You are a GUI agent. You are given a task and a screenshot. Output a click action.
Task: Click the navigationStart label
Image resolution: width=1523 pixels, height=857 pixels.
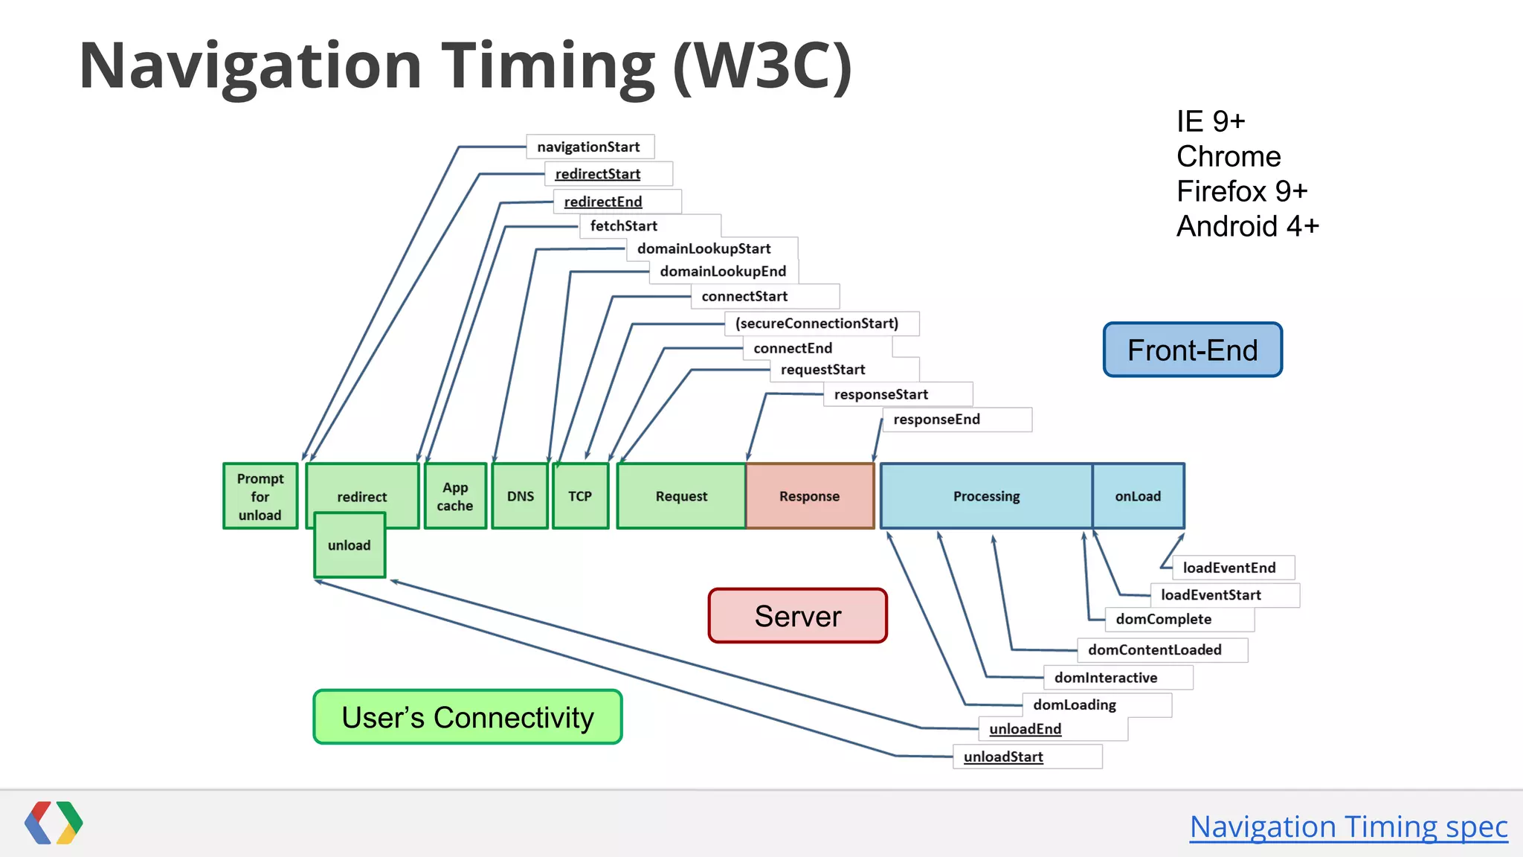pyautogui.click(x=588, y=147)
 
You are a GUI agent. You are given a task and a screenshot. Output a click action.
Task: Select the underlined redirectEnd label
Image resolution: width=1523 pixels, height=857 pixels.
pyautogui.click(x=603, y=202)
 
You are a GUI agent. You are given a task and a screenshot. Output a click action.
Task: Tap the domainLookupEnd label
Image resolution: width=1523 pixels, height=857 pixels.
pyautogui.click(x=722, y=272)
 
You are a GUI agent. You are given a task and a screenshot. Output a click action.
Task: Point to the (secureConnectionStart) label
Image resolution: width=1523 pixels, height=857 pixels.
pyautogui.click(x=817, y=324)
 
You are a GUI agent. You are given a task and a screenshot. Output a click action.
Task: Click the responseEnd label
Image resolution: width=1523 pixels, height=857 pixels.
pyautogui.click(x=936, y=420)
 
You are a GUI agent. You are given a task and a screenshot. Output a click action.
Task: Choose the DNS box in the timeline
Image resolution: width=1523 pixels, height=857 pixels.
pyautogui.click(x=520, y=496)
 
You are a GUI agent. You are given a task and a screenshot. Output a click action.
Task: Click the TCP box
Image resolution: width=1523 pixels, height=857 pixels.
pyautogui.click(x=580, y=496)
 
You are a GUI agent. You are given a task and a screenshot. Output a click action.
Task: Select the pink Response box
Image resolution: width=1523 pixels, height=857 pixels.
pyautogui.click(x=809, y=496)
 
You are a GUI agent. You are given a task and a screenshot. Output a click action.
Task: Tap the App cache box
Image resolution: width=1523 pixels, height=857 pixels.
pyautogui.click(x=455, y=496)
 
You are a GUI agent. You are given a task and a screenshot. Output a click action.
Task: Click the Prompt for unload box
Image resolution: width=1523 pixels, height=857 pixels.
pyautogui.click(x=260, y=496)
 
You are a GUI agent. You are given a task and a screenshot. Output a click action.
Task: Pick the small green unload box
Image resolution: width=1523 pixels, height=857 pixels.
pyautogui.click(x=350, y=545)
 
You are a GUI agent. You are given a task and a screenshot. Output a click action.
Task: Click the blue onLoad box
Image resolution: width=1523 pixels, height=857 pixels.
pyautogui.click(x=1138, y=496)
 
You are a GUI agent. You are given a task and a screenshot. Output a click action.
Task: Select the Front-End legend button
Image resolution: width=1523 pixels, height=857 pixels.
pyautogui.click(x=1192, y=350)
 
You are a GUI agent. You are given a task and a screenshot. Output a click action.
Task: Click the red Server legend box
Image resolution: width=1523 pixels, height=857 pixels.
pyautogui.click(x=797, y=616)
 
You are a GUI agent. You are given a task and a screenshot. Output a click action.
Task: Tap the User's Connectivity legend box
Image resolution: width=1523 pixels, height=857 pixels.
pyautogui.click(x=467, y=717)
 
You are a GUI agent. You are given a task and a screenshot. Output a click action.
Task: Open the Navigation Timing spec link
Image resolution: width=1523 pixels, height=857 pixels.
pyautogui.click(x=1348, y=826)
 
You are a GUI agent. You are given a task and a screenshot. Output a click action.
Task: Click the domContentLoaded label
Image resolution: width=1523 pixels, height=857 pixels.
pyautogui.click(x=1154, y=650)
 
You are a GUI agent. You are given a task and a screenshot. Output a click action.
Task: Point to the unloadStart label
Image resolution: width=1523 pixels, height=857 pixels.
pyautogui.click(x=1003, y=757)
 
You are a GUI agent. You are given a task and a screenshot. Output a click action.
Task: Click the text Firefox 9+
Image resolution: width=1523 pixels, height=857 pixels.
pyautogui.click(x=1241, y=192)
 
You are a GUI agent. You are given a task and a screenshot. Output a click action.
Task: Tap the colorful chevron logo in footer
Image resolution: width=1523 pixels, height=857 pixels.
pyautogui.click(x=54, y=823)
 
